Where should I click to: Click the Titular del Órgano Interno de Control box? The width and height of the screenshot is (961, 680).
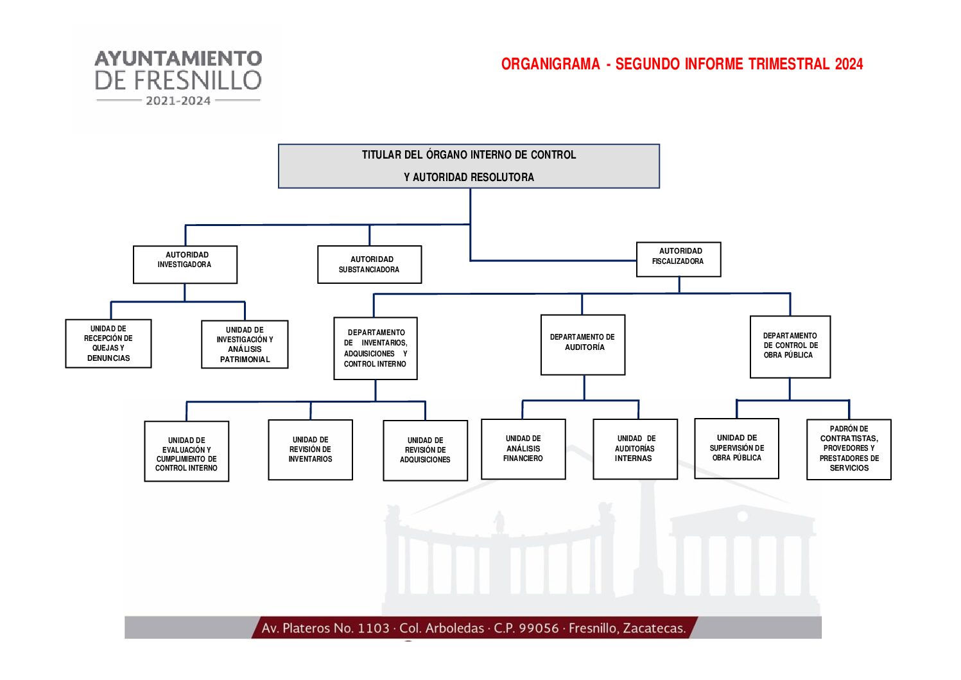pyautogui.click(x=469, y=166)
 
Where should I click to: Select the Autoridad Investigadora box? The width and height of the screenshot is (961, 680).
pyautogui.click(x=185, y=265)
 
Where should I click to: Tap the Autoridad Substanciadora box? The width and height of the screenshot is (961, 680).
pyautogui.click(x=369, y=265)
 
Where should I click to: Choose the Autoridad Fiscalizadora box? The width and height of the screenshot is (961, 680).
pyautogui.click(x=679, y=259)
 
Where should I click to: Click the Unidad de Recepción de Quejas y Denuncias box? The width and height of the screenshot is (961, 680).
pyautogui.click(x=108, y=344)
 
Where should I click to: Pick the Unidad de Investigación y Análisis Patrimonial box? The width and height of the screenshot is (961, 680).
pyautogui.click(x=245, y=345)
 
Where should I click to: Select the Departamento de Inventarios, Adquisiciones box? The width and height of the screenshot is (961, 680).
pyautogui.click(x=376, y=349)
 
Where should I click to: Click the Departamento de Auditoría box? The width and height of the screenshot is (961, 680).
pyautogui.click(x=583, y=345)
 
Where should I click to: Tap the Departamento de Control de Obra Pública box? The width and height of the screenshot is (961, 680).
pyautogui.click(x=790, y=347)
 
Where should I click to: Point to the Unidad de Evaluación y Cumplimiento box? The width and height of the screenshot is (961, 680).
pyautogui.click(x=187, y=451)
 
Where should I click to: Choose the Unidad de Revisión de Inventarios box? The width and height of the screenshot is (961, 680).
pyautogui.click(x=310, y=450)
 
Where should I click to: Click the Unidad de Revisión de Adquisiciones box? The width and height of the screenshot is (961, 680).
pyautogui.click(x=425, y=451)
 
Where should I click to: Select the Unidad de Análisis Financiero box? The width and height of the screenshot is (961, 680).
pyautogui.click(x=523, y=449)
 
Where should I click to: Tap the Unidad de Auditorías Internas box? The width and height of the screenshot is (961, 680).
pyautogui.click(x=635, y=449)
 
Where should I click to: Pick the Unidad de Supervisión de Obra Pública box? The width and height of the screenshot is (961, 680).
pyautogui.click(x=737, y=449)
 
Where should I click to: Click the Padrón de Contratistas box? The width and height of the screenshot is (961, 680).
pyautogui.click(x=849, y=449)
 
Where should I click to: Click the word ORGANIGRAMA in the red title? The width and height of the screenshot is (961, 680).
pyautogui.click(x=550, y=64)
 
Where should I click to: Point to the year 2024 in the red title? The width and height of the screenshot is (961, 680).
pyautogui.click(x=849, y=64)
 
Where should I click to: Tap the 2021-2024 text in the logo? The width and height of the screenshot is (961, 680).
pyautogui.click(x=178, y=101)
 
